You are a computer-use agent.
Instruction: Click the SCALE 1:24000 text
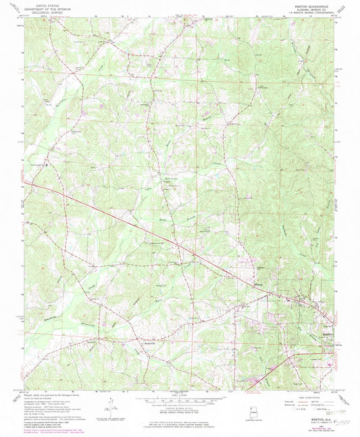(x=180, y=396)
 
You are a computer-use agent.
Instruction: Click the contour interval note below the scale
(x=180, y=410)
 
